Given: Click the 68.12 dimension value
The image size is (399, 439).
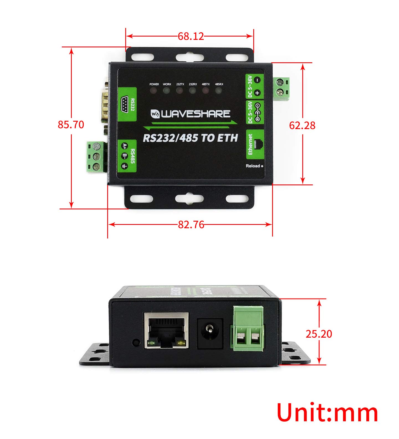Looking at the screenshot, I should [x=191, y=36].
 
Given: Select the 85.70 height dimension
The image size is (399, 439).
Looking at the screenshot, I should [x=71, y=125].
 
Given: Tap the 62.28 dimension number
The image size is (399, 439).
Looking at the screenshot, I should [x=302, y=125].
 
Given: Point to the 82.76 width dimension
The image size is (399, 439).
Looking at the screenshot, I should [x=191, y=225].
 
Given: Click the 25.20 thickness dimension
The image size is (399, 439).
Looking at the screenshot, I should [x=319, y=334].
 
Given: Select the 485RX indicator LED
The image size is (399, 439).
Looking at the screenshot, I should [x=219, y=90].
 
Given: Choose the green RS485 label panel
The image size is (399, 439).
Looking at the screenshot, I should [x=127, y=156].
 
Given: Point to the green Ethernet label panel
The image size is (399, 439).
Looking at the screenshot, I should [x=255, y=144].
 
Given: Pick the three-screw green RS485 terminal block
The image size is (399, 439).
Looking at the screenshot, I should [x=96, y=156].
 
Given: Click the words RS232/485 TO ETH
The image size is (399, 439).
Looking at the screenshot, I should [x=190, y=138].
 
